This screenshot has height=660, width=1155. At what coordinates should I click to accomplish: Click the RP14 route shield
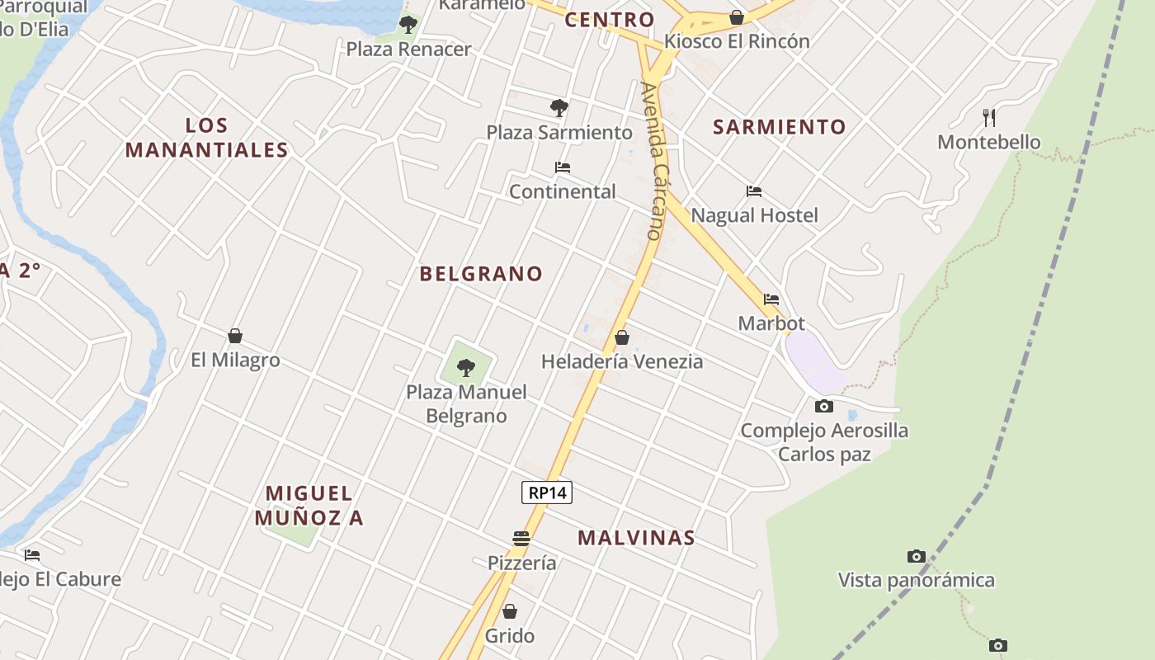pyautogui.click(x=547, y=493)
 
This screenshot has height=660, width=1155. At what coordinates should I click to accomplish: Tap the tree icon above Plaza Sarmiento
pyautogui.click(x=559, y=107)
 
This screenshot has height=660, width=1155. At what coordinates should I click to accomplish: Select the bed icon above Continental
pyautogui.click(x=563, y=167)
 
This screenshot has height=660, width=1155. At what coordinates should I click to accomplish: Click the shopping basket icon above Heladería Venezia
pyautogui.click(x=622, y=337)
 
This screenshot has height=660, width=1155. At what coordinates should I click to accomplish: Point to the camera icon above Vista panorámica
pyautogui.click(x=916, y=556)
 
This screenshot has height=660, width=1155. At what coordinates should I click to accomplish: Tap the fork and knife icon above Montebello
pyautogui.click(x=988, y=118)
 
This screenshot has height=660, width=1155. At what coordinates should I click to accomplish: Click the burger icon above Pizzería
pyautogui.click(x=521, y=539)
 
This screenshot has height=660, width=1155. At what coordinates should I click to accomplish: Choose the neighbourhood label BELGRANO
pyautogui.click(x=481, y=274)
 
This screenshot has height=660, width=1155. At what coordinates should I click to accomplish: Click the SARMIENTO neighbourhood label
pyautogui.click(x=780, y=127)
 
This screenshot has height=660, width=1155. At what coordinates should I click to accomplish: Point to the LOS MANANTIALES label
pyautogui.click(x=206, y=138)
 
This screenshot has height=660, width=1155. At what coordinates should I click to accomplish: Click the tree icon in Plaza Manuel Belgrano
pyautogui.click(x=466, y=367)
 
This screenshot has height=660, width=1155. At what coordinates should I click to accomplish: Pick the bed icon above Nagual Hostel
pyautogui.click(x=754, y=191)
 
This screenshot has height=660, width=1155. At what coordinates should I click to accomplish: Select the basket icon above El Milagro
pyautogui.click(x=235, y=336)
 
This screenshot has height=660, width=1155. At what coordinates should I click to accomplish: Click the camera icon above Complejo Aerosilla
pyautogui.click(x=823, y=406)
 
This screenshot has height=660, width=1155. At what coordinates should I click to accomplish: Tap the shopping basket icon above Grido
pyautogui.click(x=510, y=611)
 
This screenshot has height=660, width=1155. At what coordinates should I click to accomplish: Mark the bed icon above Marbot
pyautogui.click(x=771, y=299)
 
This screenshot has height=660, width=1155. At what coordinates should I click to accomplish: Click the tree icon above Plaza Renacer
pyautogui.click(x=408, y=24)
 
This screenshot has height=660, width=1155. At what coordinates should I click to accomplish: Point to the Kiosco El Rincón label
pyautogui.click(x=737, y=41)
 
